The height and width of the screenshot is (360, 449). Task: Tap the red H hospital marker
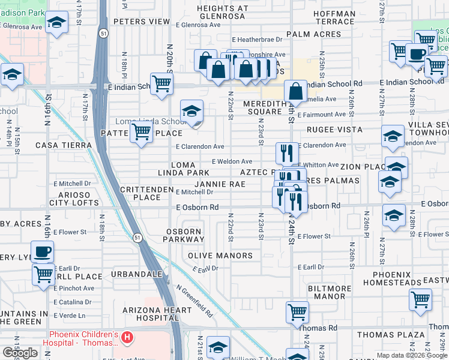coord(127,338)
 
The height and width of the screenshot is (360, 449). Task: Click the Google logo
coord(20,353)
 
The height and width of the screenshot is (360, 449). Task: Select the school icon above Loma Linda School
coord(191,110)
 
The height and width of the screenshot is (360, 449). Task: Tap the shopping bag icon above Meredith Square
coord(296,91)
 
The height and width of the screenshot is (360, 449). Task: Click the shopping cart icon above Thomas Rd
coord(297,311)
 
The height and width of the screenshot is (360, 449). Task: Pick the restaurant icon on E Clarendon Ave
coord(287,152)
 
